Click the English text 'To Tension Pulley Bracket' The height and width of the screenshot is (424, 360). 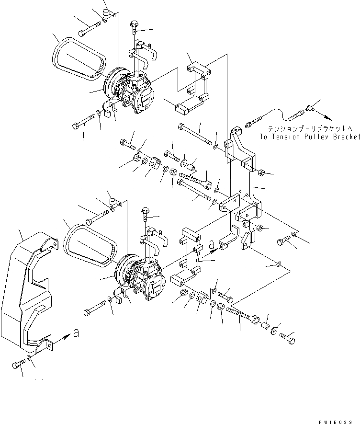point(309,137)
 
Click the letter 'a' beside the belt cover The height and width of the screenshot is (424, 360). point(76,333)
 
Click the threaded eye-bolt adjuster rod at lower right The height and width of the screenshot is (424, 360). point(247,314)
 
